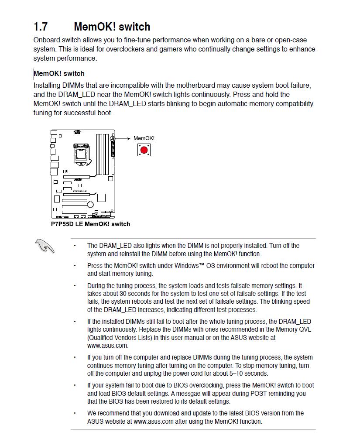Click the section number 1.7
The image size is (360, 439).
41,27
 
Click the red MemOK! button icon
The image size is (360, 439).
144,150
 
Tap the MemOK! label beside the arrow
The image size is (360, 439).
144,138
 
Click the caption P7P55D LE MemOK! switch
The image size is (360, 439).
90,224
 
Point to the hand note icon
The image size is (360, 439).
45,246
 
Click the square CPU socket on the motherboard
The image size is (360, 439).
81,153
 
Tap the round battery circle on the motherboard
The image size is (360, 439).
90,204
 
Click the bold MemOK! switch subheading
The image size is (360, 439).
59,73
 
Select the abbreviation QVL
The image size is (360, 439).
304,329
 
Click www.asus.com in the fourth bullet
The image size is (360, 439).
107,346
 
